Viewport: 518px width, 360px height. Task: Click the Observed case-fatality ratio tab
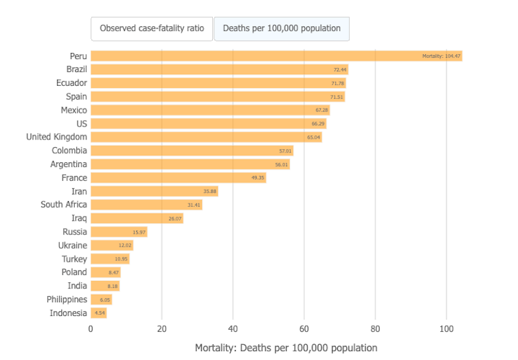(152, 29)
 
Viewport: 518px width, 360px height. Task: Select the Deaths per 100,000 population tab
(282, 29)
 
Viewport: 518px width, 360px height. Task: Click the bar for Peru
(275, 56)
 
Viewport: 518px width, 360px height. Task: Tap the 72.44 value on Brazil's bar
(340, 69)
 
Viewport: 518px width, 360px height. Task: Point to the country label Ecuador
(71, 83)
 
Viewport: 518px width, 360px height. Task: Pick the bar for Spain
(217, 97)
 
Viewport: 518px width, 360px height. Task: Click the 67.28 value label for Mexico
(322, 110)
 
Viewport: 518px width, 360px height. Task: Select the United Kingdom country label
(56, 137)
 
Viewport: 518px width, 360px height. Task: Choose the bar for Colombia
(192, 150)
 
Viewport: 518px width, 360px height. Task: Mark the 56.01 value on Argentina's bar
(282, 164)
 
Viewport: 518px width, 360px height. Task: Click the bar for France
(178, 178)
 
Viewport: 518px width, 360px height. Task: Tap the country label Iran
(79, 191)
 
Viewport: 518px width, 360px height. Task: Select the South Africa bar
(146, 205)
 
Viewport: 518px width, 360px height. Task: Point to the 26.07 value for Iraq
(175, 218)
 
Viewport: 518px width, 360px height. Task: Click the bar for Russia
(119, 232)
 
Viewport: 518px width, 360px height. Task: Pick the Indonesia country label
(68, 313)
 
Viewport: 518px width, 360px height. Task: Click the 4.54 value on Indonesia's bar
(100, 313)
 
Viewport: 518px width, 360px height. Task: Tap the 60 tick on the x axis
(304, 328)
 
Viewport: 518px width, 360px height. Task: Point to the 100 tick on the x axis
(447, 328)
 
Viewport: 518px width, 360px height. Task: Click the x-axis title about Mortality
(286, 348)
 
